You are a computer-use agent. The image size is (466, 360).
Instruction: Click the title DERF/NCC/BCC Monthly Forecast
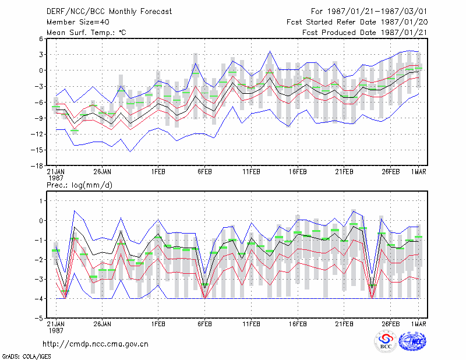[x=109, y=12]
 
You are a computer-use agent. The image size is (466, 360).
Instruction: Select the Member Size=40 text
[x=78, y=22]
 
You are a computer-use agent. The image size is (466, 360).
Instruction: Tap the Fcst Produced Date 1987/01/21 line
[x=365, y=33]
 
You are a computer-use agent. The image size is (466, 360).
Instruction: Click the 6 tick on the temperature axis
[x=41, y=38]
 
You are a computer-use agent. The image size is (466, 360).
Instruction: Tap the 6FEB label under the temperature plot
[x=204, y=172]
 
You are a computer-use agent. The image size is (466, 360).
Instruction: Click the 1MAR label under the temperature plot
[x=418, y=172]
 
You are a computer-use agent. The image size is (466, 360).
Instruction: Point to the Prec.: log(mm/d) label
[x=79, y=185]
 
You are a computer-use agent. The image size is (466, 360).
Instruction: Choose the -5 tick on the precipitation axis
[x=39, y=318]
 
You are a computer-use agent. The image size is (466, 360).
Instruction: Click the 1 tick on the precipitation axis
[x=41, y=201]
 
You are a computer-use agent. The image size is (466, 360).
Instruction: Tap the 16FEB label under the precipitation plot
[x=298, y=324]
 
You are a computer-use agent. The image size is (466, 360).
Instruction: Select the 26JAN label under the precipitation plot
[x=103, y=324]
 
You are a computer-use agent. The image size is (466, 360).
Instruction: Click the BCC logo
[x=386, y=341]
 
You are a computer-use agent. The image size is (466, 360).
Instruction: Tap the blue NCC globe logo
[x=412, y=341]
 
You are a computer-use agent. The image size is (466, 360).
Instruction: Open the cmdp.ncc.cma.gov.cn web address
[x=96, y=344]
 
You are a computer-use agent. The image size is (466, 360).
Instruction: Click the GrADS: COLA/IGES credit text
[x=26, y=357]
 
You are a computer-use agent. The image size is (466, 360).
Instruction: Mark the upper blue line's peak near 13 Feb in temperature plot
[x=270, y=51]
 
